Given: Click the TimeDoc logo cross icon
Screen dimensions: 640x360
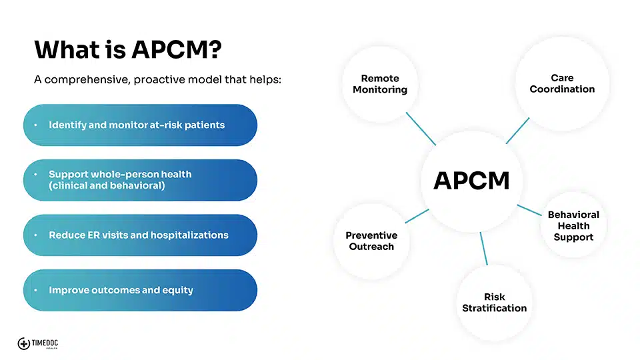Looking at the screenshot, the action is [x=24, y=344].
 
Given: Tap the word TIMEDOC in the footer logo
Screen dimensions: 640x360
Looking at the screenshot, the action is [x=45, y=343].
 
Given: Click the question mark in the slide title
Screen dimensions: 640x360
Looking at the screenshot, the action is [x=215, y=49].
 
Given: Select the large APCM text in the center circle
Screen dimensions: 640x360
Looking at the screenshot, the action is [x=471, y=181].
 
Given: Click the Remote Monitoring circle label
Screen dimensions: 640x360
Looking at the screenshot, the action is [x=380, y=84].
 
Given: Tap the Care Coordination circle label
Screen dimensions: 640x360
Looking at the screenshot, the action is [x=562, y=83].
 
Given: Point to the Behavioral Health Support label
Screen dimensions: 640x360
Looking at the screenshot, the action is [x=573, y=226].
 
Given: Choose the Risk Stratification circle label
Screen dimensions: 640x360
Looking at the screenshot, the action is [x=494, y=303].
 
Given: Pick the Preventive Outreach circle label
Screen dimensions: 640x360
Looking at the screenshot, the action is [x=371, y=241].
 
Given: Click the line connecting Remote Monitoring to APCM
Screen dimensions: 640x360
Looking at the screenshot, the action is [x=421, y=129].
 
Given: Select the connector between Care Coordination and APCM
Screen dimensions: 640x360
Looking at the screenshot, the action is [x=517, y=131].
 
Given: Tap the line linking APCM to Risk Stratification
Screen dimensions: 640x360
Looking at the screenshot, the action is [x=484, y=249].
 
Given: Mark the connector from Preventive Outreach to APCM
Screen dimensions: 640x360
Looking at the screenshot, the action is [x=417, y=216].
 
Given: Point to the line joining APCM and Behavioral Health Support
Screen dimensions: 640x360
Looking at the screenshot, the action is [x=529, y=210].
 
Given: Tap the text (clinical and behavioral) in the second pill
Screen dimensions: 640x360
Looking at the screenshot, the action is [x=107, y=186].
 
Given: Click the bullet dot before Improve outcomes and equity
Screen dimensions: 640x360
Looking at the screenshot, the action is [x=36, y=290].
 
